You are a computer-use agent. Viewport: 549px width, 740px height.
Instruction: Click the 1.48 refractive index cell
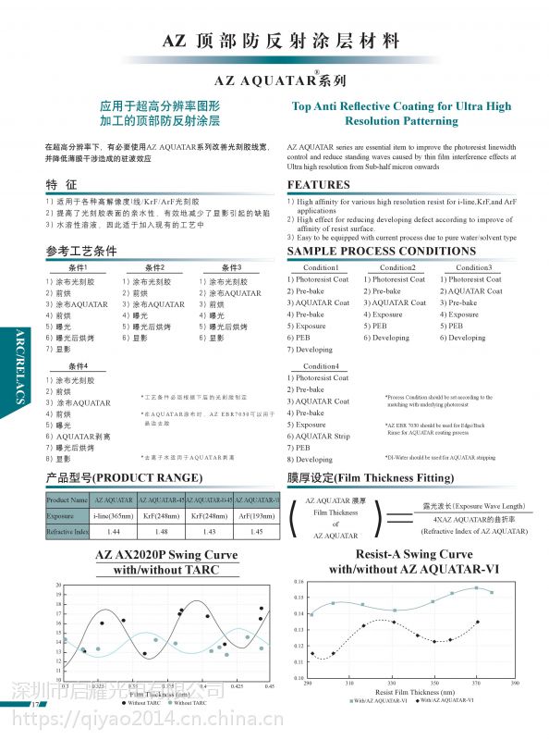pyautogui.click(x=162, y=533)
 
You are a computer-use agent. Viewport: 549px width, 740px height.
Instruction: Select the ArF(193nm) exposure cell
pyautogui.click(x=256, y=516)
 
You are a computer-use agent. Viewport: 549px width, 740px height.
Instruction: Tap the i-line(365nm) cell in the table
pyautogui.click(x=115, y=516)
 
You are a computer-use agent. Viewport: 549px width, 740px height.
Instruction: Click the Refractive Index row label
pyautogui.click(x=67, y=533)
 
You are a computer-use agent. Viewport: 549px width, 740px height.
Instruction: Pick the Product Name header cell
pyautogui.click(x=67, y=499)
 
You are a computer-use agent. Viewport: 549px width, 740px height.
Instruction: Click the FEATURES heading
pyautogui.click(x=318, y=184)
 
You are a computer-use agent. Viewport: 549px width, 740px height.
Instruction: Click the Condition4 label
pyautogui.click(x=322, y=366)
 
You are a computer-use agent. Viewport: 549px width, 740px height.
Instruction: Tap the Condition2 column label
pyautogui.click(x=397, y=267)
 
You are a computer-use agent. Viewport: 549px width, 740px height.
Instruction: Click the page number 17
pyautogui.click(x=36, y=705)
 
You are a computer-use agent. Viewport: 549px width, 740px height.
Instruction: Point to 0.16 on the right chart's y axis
pyautogui.click(x=298, y=582)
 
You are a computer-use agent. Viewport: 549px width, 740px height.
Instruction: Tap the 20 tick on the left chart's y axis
pyautogui.click(x=59, y=586)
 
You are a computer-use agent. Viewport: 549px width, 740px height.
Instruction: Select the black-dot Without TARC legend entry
pyautogui.click(x=140, y=703)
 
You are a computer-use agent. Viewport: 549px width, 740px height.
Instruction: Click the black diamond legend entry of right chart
pyautogui.click(x=445, y=700)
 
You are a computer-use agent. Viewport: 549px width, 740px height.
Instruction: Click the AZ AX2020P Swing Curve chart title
pyautogui.click(x=166, y=555)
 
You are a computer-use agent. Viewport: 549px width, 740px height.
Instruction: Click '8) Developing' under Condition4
pyautogui.click(x=309, y=459)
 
